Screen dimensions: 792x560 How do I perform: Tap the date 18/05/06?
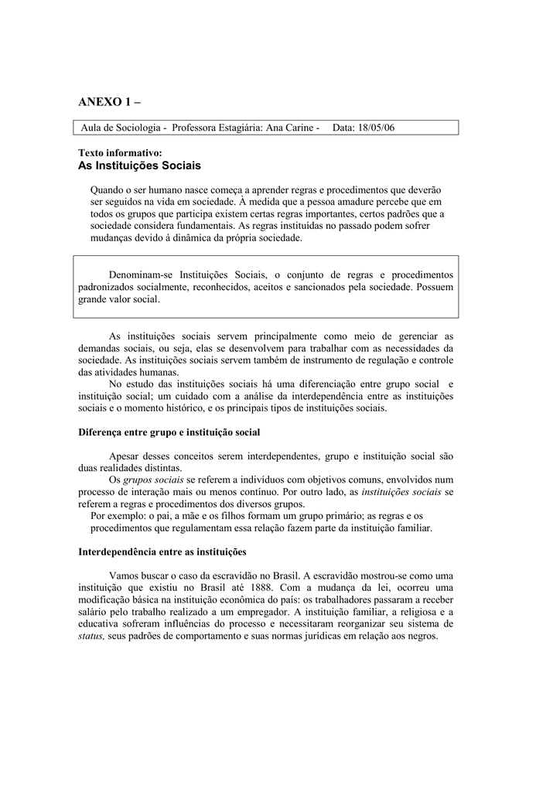(374, 127)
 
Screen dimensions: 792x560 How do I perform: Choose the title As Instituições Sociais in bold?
(139, 166)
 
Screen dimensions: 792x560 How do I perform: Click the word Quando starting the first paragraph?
(110, 189)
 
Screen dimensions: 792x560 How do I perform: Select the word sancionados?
(350, 287)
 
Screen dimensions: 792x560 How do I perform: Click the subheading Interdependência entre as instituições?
(162, 552)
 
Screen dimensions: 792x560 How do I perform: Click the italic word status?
(90, 637)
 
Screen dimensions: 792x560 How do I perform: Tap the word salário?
(94, 612)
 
